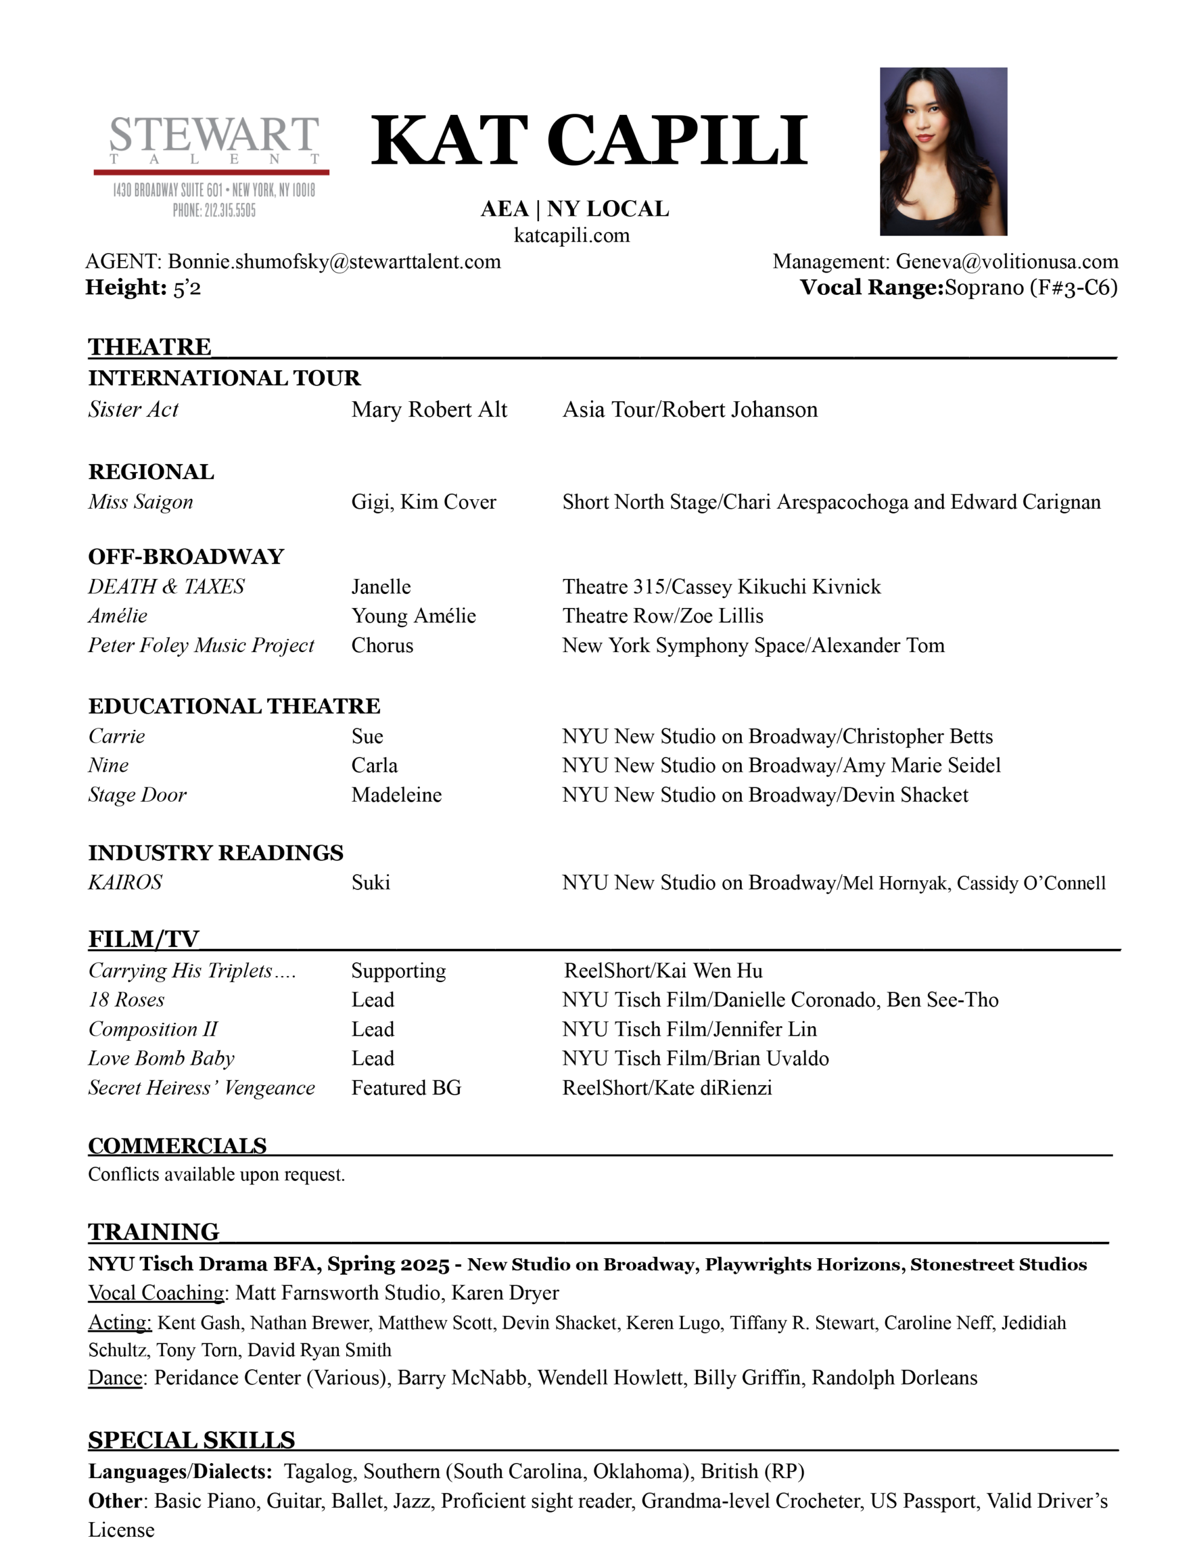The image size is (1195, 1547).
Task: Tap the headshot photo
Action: (x=943, y=152)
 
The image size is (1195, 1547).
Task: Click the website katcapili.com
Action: (x=571, y=235)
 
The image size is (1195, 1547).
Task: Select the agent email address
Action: (x=333, y=262)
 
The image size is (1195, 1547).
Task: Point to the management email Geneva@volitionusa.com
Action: (x=1007, y=262)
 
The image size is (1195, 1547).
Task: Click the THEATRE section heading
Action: (x=149, y=346)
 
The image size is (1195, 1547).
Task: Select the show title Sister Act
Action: (x=133, y=410)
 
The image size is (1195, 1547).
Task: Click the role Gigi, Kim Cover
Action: (x=424, y=502)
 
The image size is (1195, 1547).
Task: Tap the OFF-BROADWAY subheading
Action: (x=185, y=556)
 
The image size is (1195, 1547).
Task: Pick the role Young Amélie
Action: (x=414, y=616)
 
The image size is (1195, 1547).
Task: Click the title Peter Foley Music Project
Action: (x=201, y=645)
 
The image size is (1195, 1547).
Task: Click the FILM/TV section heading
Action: (x=144, y=938)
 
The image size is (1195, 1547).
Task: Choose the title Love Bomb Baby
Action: (x=161, y=1058)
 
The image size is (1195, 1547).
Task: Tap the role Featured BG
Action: (x=406, y=1087)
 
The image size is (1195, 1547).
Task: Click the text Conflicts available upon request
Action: (x=217, y=1174)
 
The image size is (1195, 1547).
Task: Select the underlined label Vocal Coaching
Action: (x=156, y=1293)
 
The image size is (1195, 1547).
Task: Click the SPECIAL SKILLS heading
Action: (x=192, y=1440)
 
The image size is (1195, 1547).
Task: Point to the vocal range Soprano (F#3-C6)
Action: (x=1031, y=288)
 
